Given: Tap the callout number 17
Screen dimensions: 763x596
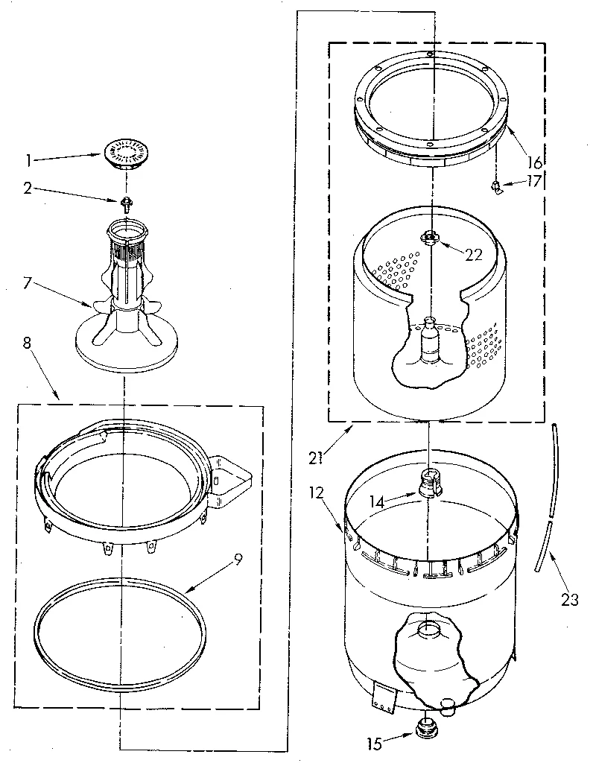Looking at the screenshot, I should pyautogui.click(x=534, y=181).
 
